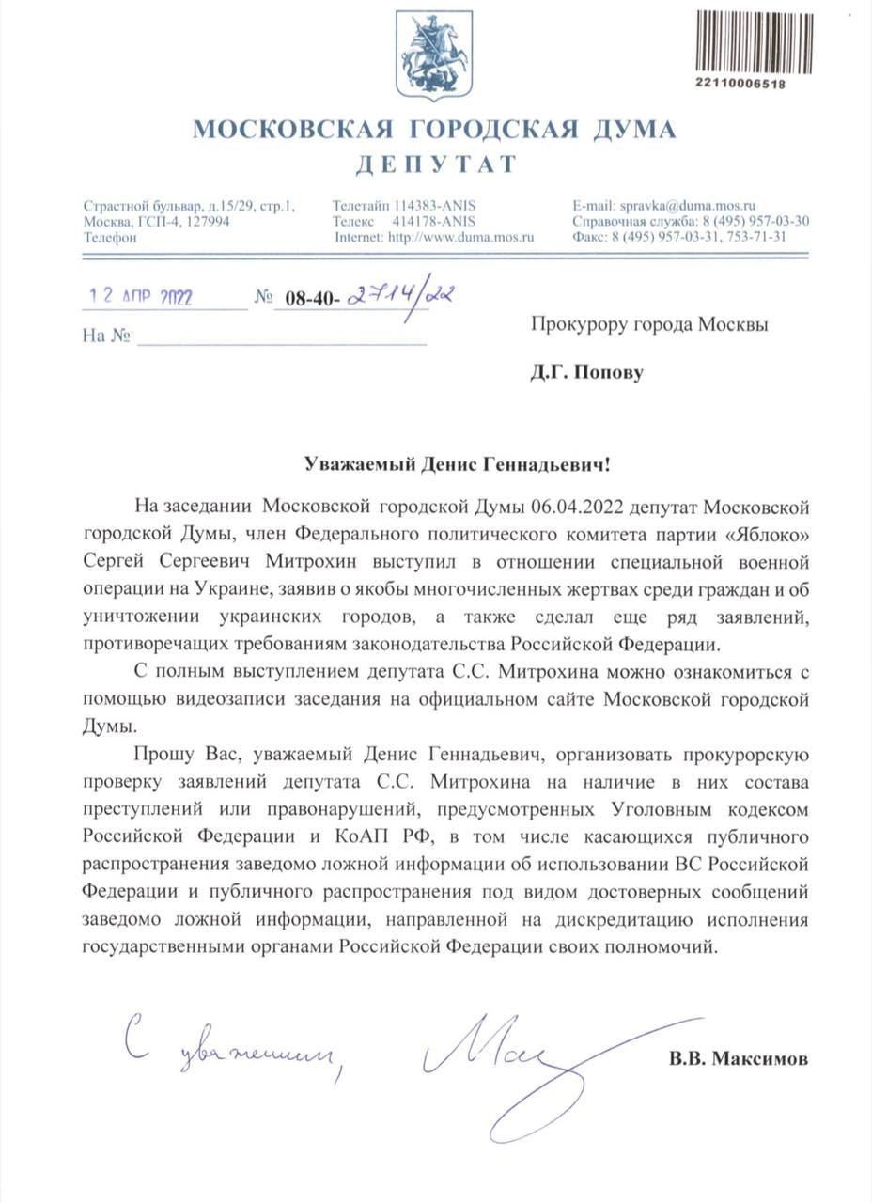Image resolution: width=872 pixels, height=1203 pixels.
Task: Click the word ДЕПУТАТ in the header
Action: click(435, 164)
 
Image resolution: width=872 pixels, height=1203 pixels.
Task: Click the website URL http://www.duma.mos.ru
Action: click(460, 238)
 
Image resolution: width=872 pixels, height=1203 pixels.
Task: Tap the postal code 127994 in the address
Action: click(207, 222)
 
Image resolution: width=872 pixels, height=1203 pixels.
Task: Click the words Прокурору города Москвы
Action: click(649, 325)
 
